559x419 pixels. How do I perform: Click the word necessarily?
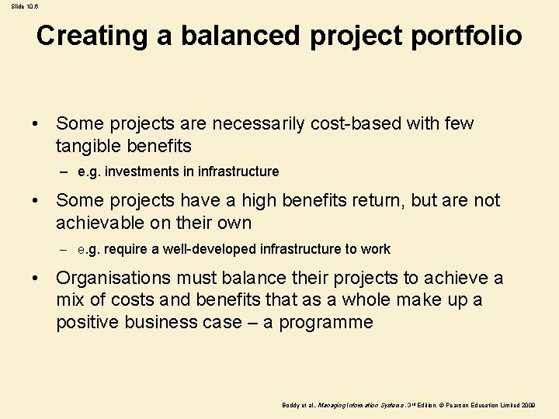coord(255,123)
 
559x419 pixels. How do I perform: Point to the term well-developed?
coord(206,249)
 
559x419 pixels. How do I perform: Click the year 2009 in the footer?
coord(527,406)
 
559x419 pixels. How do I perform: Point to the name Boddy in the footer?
coord(291,406)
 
